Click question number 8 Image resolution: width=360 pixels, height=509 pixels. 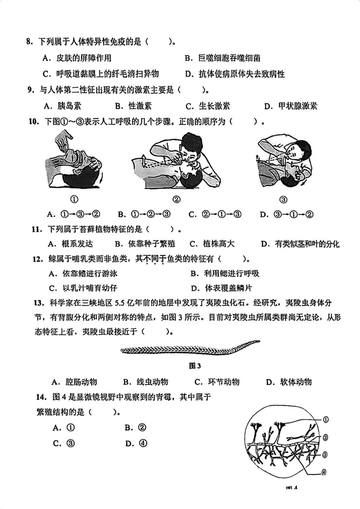tap(29, 42)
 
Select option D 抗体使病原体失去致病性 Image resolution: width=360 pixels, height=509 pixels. tap(235, 74)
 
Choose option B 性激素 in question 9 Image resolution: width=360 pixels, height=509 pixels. tap(133, 106)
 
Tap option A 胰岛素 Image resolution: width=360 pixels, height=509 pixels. tap(63, 106)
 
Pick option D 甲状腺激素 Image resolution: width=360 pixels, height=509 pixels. tap(291, 106)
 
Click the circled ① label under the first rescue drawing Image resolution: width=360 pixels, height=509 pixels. tap(74, 199)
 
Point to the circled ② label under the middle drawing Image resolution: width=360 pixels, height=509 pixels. tap(176, 199)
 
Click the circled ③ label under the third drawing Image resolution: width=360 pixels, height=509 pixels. tap(283, 200)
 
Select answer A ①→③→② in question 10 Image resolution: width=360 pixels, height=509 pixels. tap(74, 214)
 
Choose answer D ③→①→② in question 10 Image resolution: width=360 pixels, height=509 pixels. tap(287, 214)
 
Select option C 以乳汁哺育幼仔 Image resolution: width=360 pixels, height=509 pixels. tap(83, 288)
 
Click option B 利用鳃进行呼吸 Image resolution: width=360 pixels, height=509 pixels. tap(225, 274)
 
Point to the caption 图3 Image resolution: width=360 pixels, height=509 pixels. tap(195, 366)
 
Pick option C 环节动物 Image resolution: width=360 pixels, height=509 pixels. tap(217, 382)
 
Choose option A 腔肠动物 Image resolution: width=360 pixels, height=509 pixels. tap(74, 382)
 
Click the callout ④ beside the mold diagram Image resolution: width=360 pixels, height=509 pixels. tap(324, 472)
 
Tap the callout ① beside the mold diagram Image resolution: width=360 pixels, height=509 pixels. tap(326, 419)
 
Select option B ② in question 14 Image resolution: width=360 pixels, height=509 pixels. tap(135, 427)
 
